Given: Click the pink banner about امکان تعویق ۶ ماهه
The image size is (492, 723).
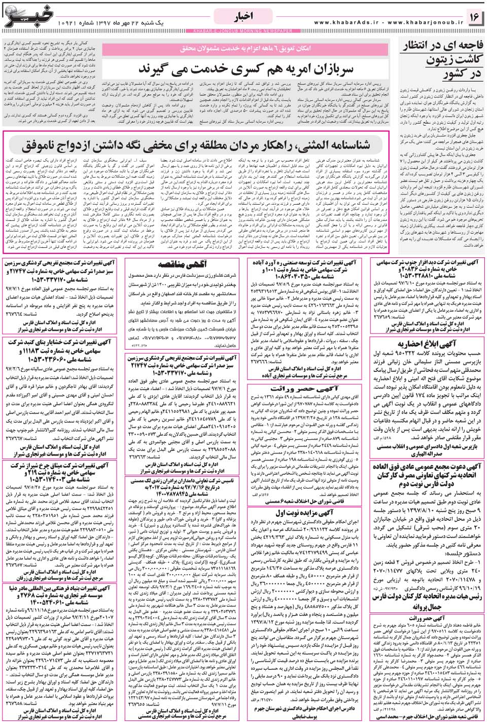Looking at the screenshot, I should (x=245, y=48).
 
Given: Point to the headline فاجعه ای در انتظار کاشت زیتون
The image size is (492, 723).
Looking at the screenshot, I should (x=442, y=60).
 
